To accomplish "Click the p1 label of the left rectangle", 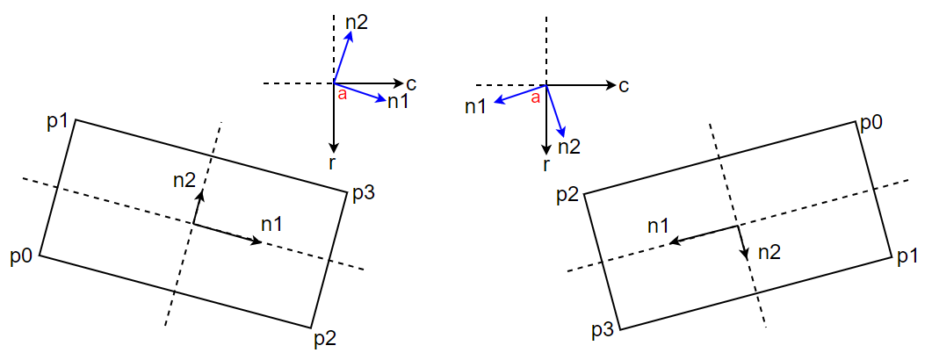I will [x=57, y=122].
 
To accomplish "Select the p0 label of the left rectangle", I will [x=22, y=256].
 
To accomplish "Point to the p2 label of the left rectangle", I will [x=324, y=337].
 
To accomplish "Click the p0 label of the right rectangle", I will [x=871, y=122].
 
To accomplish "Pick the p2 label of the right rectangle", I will [x=568, y=195].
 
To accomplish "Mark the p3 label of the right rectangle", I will [x=603, y=331].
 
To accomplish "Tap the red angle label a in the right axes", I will [x=535, y=97].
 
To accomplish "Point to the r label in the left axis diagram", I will [x=333, y=163].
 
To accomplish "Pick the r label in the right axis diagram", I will [x=546, y=164].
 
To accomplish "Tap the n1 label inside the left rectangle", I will [x=271, y=224].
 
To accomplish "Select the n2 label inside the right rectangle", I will [x=769, y=252].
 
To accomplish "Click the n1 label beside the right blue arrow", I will [x=475, y=107].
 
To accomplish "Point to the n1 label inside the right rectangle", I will [x=659, y=226].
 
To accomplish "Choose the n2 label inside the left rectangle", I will [x=184, y=181].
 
